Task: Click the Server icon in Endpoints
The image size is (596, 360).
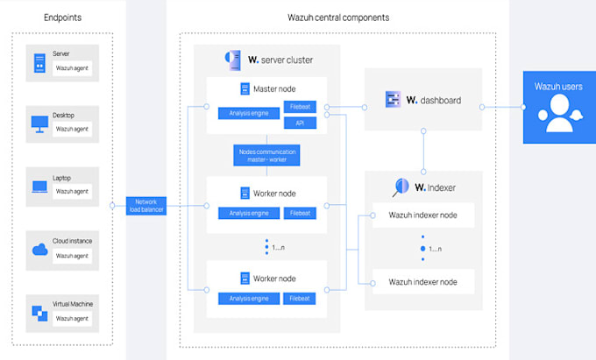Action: [39, 63]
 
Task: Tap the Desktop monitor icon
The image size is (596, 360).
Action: [39, 124]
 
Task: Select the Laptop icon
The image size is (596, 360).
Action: [39, 186]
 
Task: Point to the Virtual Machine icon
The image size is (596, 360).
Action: [39, 311]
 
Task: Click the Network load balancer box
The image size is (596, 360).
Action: [145, 206]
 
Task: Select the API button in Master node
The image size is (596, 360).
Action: [300, 123]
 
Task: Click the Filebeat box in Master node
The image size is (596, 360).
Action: [300, 107]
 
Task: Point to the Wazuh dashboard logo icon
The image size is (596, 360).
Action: [393, 100]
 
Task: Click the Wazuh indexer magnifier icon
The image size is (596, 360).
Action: [401, 187]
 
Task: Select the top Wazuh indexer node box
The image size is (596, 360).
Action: [423, 215]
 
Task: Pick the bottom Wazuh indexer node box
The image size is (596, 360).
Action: [423, 281]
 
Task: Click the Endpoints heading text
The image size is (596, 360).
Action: [62, 18]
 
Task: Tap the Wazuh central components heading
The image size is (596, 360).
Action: [338, 18]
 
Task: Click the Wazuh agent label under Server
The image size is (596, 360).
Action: [72, 67]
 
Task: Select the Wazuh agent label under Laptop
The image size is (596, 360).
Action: [72, 191]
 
